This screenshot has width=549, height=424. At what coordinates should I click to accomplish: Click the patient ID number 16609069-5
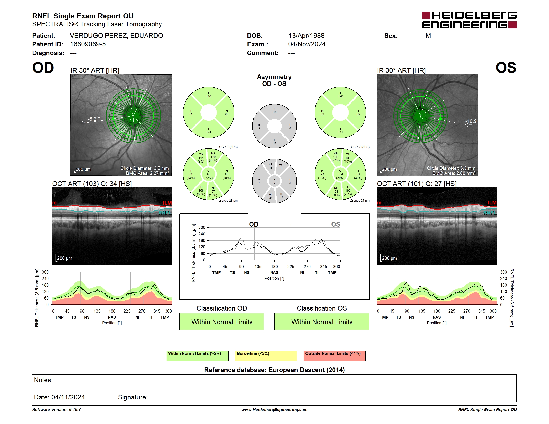[88, 44]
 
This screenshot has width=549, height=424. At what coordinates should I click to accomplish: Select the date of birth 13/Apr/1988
[306, 36]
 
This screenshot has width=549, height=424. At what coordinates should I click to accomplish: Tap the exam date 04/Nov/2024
[307, 44]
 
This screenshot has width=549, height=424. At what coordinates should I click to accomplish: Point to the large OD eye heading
[43, 68]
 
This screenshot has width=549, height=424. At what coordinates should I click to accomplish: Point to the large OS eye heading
[506, 68]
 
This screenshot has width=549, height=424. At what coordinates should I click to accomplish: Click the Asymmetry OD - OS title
[274, 80]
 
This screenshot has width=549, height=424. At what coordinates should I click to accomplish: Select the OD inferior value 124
[208, 132]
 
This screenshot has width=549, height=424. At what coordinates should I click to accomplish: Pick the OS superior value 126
[340, 96]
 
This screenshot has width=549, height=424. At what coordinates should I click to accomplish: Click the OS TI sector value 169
[348, 191]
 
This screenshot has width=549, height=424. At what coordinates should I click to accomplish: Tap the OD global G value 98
[208, 174]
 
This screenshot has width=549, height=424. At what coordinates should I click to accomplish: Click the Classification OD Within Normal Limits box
[222, 322]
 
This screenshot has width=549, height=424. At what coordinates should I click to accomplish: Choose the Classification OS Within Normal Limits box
[322, 322]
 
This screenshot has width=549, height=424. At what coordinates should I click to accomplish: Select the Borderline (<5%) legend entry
[266, 356]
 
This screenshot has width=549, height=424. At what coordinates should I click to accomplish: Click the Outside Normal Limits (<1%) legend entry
[334, 356]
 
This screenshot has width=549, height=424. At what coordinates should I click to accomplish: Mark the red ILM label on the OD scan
[167, 203]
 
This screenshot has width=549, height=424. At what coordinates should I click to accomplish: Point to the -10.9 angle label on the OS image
[471, 121]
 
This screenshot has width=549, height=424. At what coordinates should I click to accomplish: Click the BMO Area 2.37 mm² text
[147, 173]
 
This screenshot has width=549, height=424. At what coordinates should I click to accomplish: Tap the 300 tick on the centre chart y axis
[202, 228]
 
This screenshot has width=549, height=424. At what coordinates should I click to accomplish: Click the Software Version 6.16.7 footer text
[57, 410]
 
